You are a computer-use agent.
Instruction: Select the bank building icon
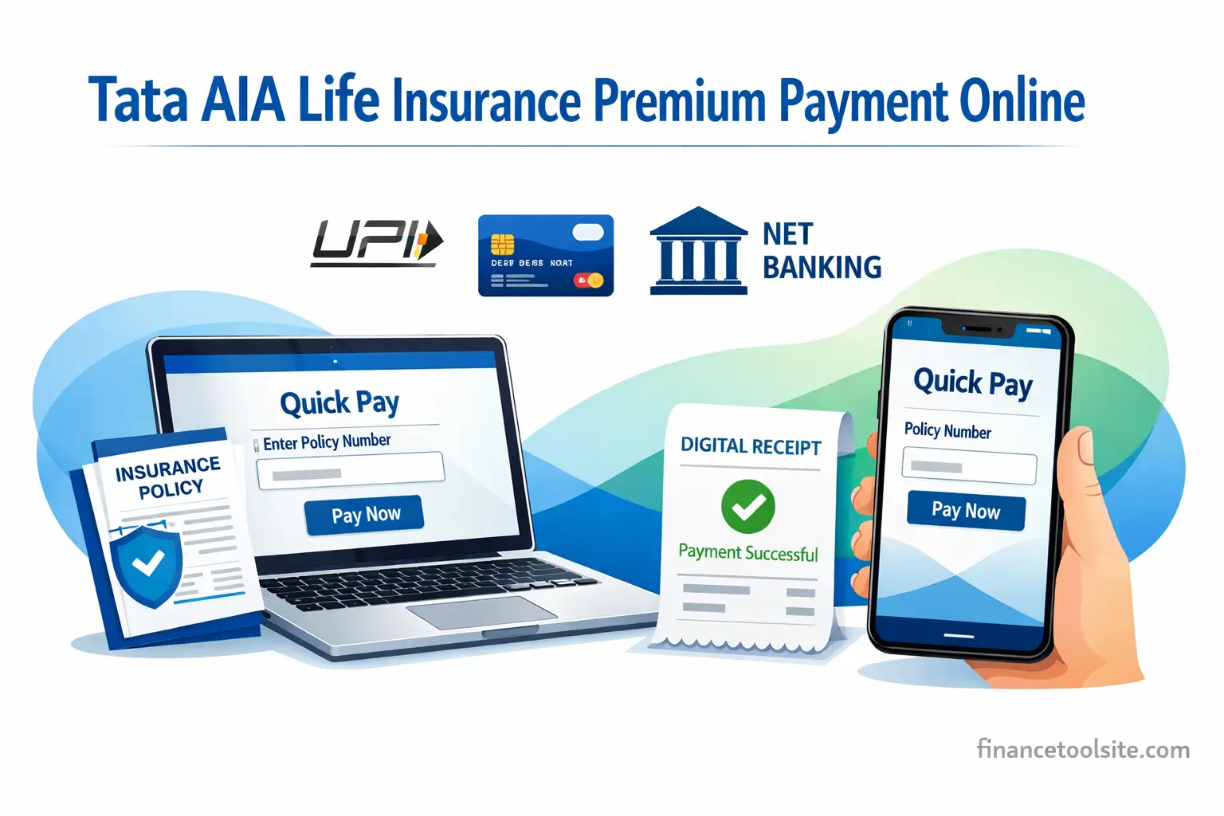click(699, 251)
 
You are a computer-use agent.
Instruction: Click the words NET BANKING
click(822, 251)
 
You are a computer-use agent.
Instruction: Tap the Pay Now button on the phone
click(966, 511)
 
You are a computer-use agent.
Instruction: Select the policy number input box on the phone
click(969, 466)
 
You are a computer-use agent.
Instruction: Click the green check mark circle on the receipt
click(747, 507)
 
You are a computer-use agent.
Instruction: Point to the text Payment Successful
click(747, 553)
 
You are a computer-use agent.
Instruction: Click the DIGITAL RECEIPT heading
click(750, 446)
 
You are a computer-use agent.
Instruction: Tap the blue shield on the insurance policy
click(146, 564)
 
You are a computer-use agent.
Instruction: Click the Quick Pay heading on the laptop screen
click(339, 403)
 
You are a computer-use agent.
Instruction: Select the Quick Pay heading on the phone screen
click(973, 382)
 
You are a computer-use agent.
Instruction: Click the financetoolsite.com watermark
click(1083, 750)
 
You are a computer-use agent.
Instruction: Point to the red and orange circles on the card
click(590, 280)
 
